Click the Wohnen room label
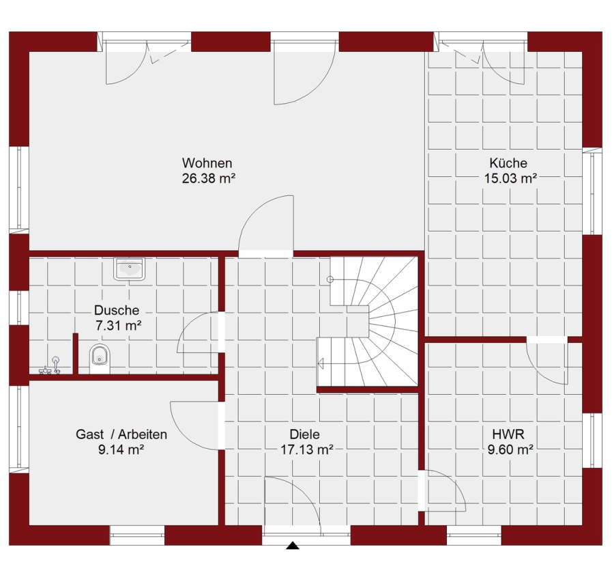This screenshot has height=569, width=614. [207, 163]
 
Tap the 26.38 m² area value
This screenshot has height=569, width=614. [208, 178]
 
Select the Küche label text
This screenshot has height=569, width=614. [508, 163]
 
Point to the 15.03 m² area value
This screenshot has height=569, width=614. [510, 178]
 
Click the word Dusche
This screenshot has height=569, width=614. [117, 310]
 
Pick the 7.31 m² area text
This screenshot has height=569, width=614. [118, 325]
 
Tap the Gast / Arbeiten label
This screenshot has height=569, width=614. [121, 434]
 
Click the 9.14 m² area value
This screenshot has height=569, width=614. [121, 449]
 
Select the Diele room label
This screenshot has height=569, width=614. [305, 434]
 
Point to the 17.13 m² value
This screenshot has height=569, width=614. [306, 449]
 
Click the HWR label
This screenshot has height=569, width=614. [508, 434]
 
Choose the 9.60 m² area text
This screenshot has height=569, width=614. [510, 449]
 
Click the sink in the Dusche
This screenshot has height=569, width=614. [129, 268]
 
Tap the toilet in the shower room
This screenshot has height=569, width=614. [100, 359]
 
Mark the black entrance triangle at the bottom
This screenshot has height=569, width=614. [293, 546]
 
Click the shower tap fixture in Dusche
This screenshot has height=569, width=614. [51, 366]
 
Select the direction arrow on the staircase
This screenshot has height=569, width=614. [321, 364]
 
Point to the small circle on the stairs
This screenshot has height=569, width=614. [330, 279]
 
